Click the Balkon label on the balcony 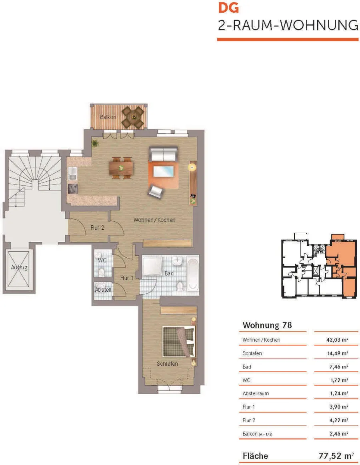(x=108, y=117)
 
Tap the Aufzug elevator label (x=19, y=267)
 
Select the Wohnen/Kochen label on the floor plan (x=154, y=220)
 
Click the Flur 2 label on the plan (x=97, y=228)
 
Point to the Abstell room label (x=103, y=290)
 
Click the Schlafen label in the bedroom (x=167, y=364)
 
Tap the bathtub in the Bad (x=193, y=274)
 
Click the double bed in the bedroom (x=179, y=342)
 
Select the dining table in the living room (x=121, y=168)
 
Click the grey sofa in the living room (x=164, y=154)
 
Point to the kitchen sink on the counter (x=72, y=174)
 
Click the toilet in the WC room (x=102, y=272)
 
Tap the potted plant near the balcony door (x=95, y=144)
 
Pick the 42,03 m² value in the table (x=337, y=340)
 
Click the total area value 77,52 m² (x=336, y=455)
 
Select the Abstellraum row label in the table (x=256, y=393)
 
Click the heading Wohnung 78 (x=267, y=325)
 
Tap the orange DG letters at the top (x=228, y=8)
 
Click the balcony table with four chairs (x=134, y=117)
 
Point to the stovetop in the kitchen (x=73, y=188)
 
